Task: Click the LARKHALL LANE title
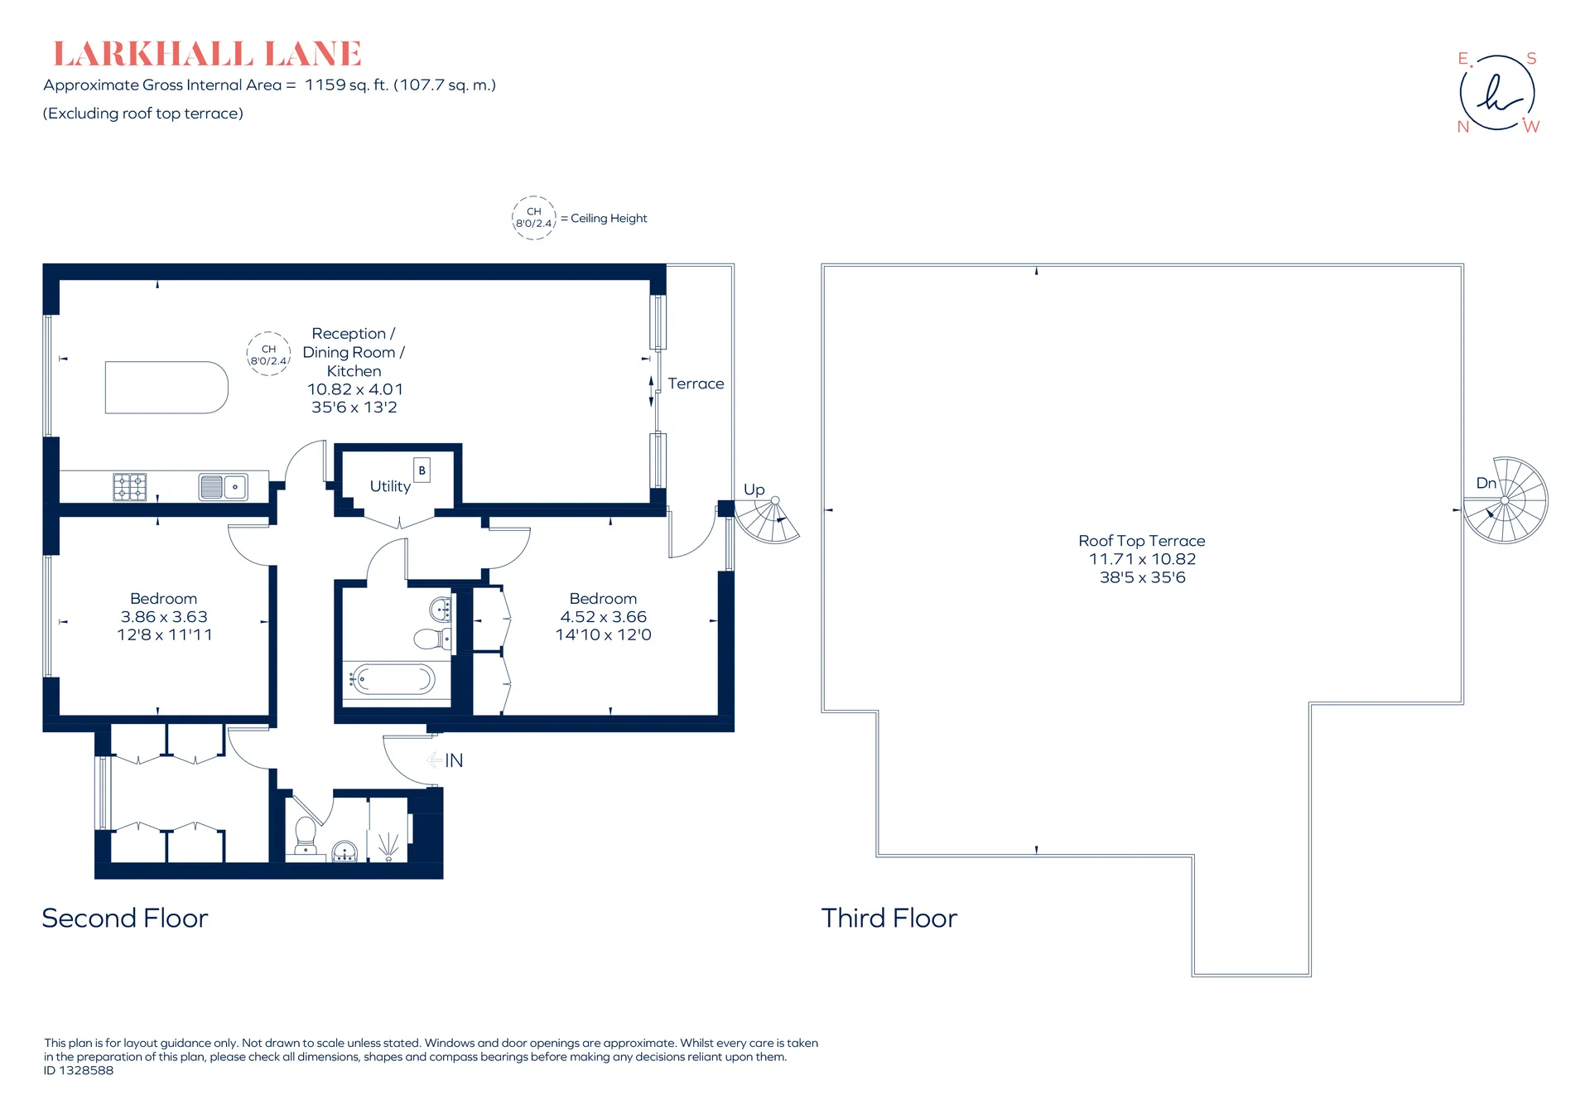(207, 54)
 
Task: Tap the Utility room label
(390, 486)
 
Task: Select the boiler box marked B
(422, 470)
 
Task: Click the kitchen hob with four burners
(130, 486)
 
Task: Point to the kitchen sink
(224, 486)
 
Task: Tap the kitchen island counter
(166, 387)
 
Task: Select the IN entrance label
(454, 760)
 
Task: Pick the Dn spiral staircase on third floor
(1506, 500)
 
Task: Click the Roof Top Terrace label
(1142, 541)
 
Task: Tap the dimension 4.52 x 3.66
(604, 617)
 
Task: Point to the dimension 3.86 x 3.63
(164, 617)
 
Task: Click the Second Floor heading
(125, 919)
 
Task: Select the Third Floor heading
(889, 919)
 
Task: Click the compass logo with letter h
(1497, 92)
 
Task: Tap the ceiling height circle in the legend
(534, 218)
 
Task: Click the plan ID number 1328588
(86, 1070)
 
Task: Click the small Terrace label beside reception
(696, 383)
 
